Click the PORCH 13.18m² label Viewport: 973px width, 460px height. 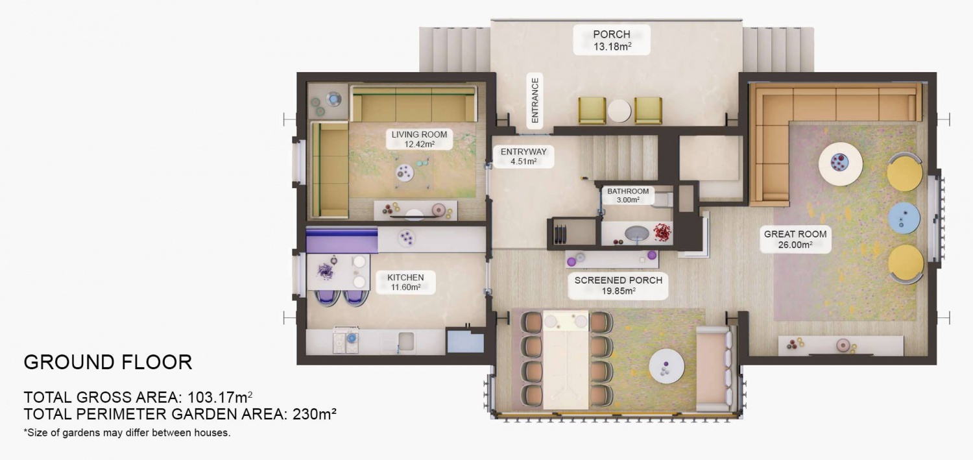611,40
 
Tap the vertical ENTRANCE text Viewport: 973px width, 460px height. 535,101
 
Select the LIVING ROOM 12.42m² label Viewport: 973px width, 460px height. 419,139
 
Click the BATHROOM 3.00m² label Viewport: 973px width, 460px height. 627,195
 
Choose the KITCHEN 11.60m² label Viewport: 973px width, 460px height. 405,282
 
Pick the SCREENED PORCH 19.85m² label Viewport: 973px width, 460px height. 618,285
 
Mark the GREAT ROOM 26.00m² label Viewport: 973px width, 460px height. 795,239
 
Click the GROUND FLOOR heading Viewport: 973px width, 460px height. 108,362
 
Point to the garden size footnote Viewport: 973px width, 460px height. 127,432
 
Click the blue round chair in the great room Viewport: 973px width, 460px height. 904,219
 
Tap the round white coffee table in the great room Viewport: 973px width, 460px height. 840,163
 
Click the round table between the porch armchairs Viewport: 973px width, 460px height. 619,110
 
